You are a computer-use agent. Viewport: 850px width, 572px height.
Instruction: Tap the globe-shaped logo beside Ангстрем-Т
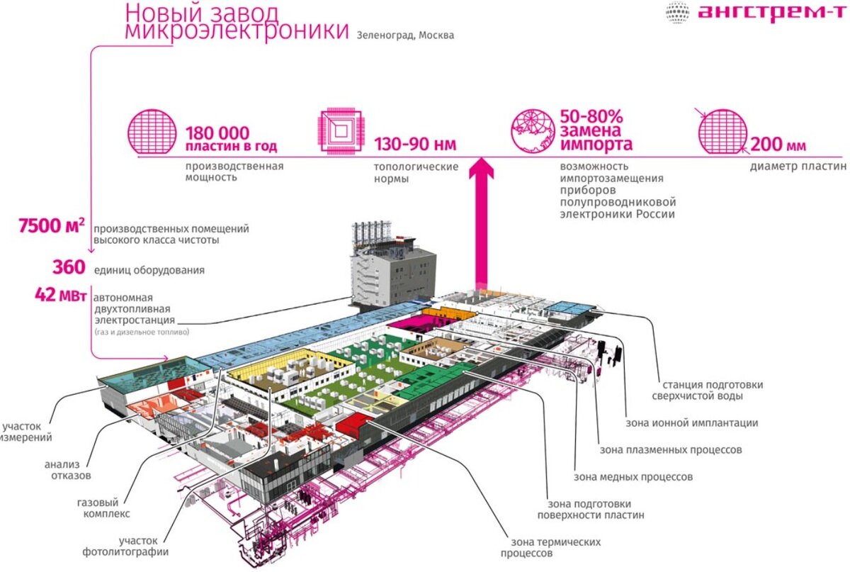tap(678, 13)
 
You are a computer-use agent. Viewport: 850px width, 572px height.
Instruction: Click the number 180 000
tap(217, 133)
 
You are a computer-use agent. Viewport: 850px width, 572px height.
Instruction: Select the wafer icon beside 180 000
tap(149, 132)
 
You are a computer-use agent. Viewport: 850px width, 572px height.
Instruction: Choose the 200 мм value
tap(777, 145)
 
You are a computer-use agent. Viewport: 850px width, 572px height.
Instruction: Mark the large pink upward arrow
tap(484, 220)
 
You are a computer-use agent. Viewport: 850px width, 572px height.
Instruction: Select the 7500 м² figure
tap(52, 227)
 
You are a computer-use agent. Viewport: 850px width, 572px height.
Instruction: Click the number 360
tap(68, 268)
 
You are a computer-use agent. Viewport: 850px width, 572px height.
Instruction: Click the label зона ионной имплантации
tap(691, 422)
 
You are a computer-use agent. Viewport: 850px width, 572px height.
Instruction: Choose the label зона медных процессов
tap(633, 477)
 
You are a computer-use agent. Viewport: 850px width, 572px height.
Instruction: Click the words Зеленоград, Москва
tap(407, 35)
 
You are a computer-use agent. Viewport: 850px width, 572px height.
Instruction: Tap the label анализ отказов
tap(67, 470)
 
